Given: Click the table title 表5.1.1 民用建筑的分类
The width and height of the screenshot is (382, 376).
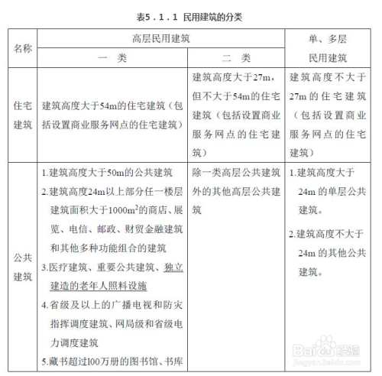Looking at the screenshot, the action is (191, 15).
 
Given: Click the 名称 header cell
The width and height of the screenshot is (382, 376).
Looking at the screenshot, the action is (23, 48).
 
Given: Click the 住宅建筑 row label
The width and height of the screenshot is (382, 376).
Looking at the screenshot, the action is (23, 115).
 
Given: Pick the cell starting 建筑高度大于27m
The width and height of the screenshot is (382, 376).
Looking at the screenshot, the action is (236, 115).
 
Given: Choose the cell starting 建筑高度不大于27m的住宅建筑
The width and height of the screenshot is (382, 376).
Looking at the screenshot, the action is (329, 115).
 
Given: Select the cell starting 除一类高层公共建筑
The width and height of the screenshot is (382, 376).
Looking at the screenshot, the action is (236, 183).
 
